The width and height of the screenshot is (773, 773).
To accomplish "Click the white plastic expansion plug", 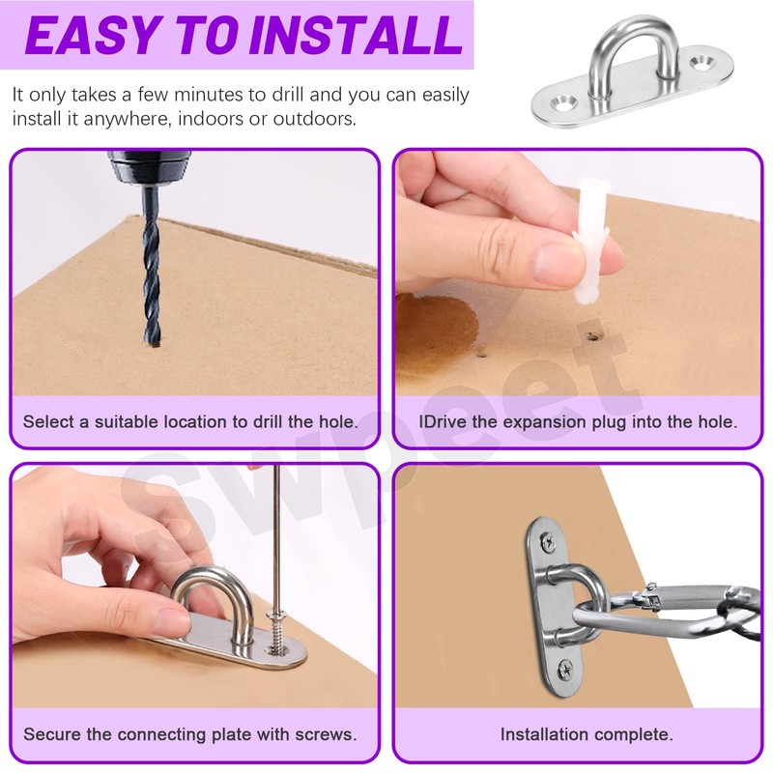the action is tap(590, 243).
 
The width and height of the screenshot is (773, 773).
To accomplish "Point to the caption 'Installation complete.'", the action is tap(587, 734).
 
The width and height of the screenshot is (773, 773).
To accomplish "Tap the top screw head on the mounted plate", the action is tap(549, 543).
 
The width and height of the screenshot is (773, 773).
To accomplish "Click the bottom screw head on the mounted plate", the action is tap(565, 670).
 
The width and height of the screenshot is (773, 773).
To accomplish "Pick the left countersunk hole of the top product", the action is tap(564, 103).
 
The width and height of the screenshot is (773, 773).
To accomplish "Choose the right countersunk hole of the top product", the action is tap(701, 62).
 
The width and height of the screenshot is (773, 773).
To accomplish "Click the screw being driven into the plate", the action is tap(277, 634).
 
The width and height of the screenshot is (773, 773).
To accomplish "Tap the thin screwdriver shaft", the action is tap(277, 538).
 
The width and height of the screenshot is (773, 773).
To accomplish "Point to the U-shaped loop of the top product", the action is tap(632, 36).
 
